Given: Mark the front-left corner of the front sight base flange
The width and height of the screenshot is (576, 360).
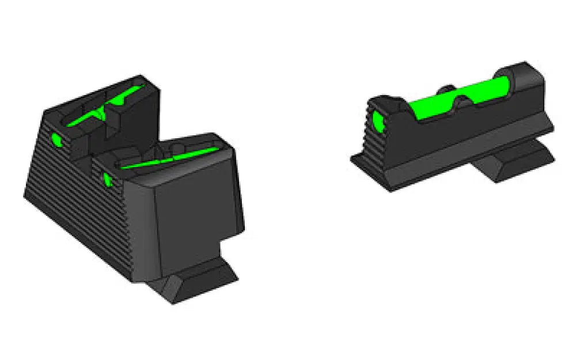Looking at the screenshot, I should click(353, 161).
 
